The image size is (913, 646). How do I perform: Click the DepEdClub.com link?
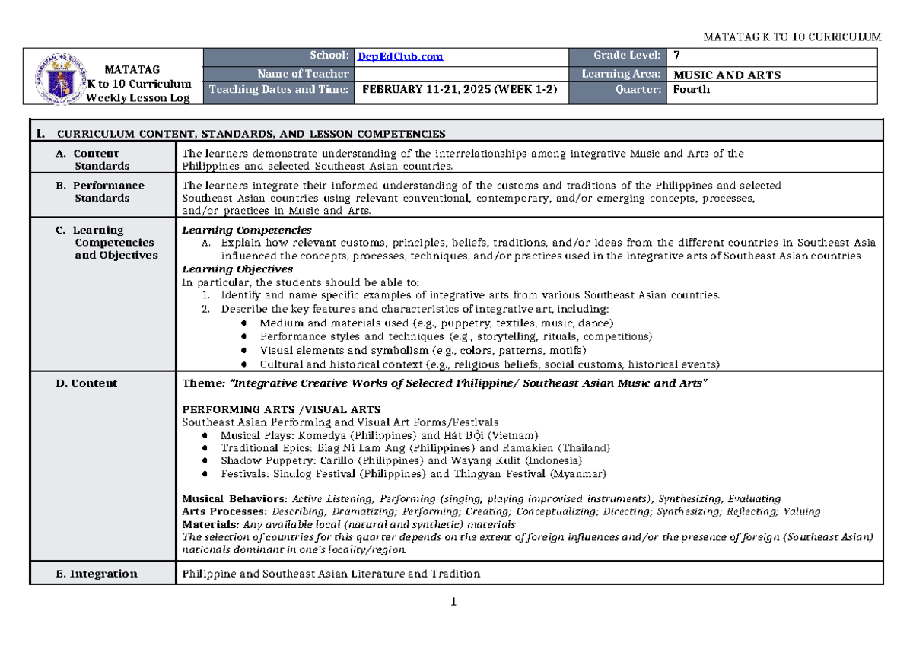click(400, 56)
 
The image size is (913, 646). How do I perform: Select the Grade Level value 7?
click(677, 56)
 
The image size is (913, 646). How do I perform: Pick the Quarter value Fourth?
click(691, 90)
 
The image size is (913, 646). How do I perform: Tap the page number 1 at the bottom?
click(453, 603)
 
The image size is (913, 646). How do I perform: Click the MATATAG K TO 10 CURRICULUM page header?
click(792, 37)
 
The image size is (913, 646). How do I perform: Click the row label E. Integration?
click(97, 574)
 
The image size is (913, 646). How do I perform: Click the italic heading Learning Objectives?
click(237, 269)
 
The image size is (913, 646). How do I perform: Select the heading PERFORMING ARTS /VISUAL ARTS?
click(282, 409)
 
